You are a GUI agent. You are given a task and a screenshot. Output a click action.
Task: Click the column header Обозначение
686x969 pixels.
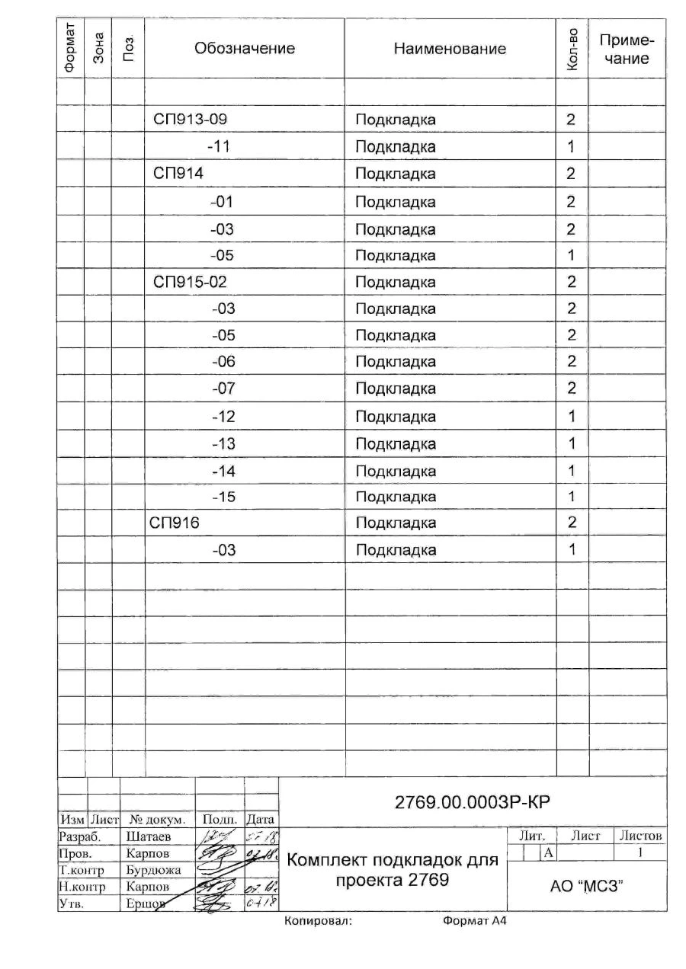tap(245, 49)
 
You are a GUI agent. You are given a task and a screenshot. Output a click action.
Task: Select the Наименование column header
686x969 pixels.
tap(450, 49)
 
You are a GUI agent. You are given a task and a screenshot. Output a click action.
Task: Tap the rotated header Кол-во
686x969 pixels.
tap(572, 49)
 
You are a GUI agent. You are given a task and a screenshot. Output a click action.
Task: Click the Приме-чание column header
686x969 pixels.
tap(628, 49)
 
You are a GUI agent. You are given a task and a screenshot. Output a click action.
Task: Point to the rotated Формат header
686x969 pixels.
tap(70, 47)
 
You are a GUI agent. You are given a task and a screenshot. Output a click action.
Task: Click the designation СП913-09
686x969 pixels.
tap(191, 120)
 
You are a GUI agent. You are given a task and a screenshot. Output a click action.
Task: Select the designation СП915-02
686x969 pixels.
tap(191, 282)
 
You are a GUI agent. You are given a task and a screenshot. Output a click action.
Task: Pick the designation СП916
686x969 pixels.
tap(177, 523)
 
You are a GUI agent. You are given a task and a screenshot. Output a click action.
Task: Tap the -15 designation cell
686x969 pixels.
tap(223, 497)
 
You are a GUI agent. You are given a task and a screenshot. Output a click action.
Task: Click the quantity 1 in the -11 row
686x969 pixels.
tap(571, 146)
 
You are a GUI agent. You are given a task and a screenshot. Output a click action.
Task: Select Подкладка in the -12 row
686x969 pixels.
tap(396, 417)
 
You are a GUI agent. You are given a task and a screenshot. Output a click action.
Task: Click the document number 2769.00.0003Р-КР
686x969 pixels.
tap(473, 802)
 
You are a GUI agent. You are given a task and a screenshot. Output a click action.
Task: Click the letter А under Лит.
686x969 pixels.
tap(547, 852)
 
